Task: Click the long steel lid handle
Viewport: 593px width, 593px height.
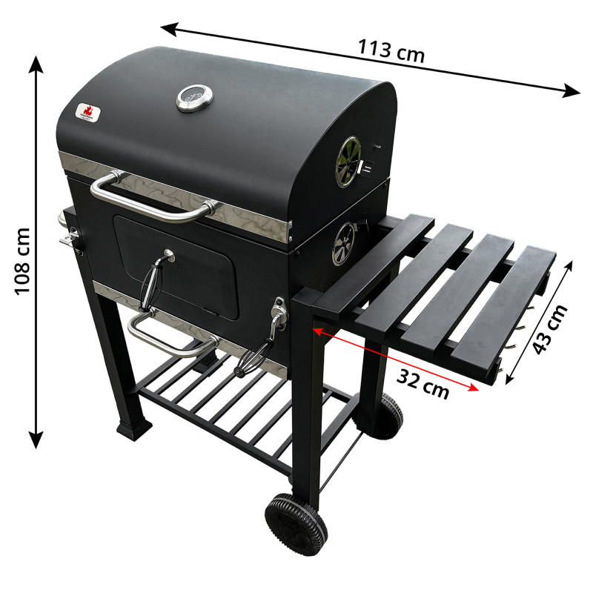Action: (152, 196)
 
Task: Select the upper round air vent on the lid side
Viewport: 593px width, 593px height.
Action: (346, 162)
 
